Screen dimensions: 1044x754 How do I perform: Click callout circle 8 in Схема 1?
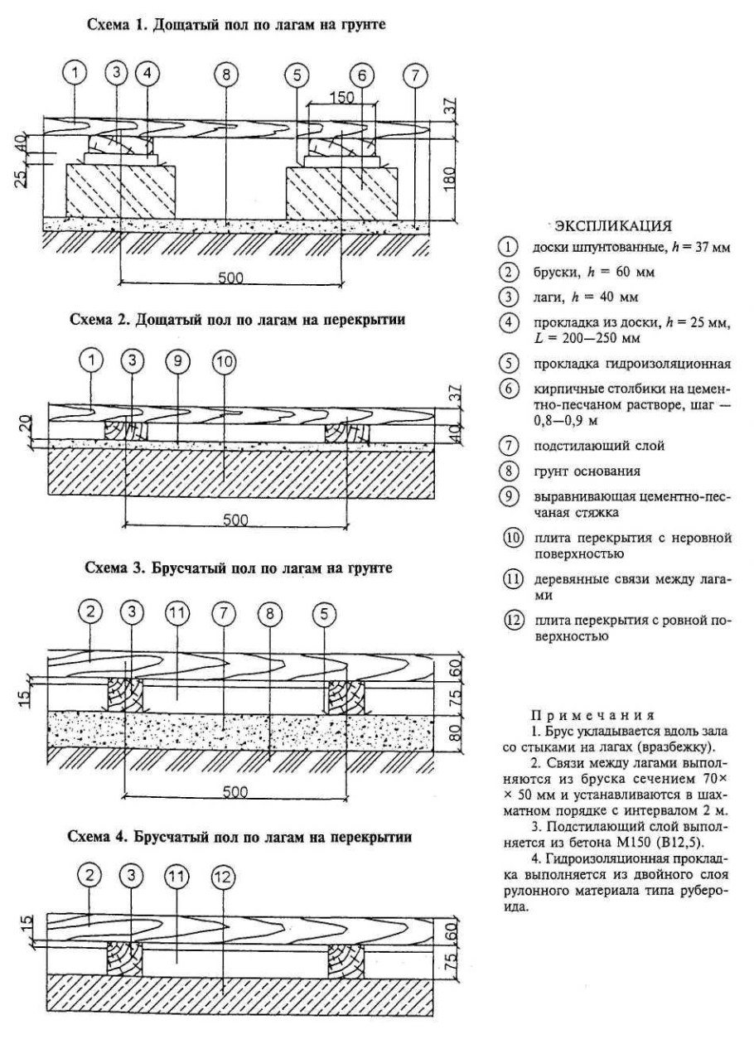(225, 74)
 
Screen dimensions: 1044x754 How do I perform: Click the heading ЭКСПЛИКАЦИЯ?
(612, 225)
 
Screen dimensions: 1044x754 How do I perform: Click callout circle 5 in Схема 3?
(323, 614)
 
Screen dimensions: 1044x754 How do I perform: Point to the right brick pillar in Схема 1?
(343, 191)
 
